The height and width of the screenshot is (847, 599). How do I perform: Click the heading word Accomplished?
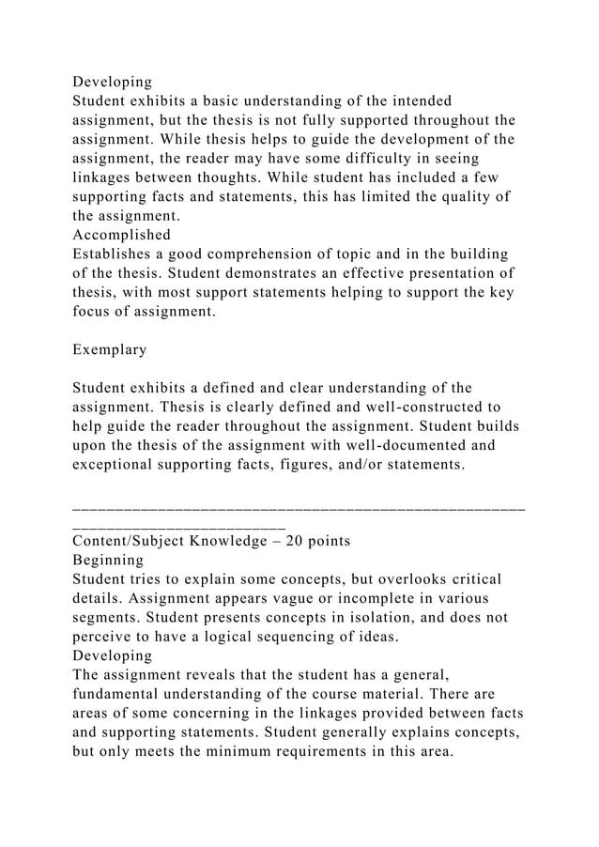[121, 235]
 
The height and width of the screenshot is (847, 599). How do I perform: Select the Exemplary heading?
[110, 349]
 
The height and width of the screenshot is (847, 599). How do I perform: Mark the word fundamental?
[121, 696]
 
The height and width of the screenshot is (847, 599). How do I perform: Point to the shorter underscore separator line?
[178, 524]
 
